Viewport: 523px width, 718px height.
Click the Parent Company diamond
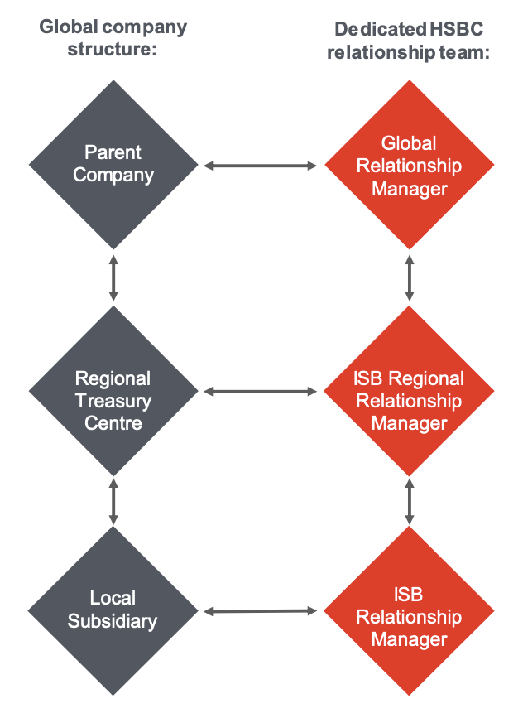click(x=113, y=164)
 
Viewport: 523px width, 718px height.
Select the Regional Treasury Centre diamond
click(x=113, y=390)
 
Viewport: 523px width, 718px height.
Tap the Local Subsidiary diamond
click(x=113, y=611)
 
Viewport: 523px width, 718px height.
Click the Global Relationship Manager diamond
click(x=409, y=165)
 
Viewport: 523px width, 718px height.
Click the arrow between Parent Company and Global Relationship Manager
click(x=261, y=166)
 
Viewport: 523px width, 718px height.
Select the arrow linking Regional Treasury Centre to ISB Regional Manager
click(x=261, y=391)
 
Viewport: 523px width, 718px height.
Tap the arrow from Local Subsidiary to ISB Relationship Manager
click(x=261, y=612)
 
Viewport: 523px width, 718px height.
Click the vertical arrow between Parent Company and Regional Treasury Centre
click(x=113, y=278)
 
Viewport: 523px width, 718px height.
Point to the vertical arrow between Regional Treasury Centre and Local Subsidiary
click(x=113, y=500)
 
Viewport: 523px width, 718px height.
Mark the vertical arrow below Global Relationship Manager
click(x=409, y=278)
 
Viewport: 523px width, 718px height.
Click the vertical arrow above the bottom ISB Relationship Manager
click(x=409, y=500)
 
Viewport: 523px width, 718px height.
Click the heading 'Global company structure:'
click(x=113, y=37)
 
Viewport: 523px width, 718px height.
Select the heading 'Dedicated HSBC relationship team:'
click(x=409, y=41)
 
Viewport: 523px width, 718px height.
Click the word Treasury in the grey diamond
click(x=113, y=401)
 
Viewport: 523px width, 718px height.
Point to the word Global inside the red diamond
click(x=409, y=142)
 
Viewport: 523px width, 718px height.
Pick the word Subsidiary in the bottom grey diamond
click(x=113, y=621)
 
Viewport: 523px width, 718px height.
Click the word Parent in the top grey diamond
click(x=113, y=152)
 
